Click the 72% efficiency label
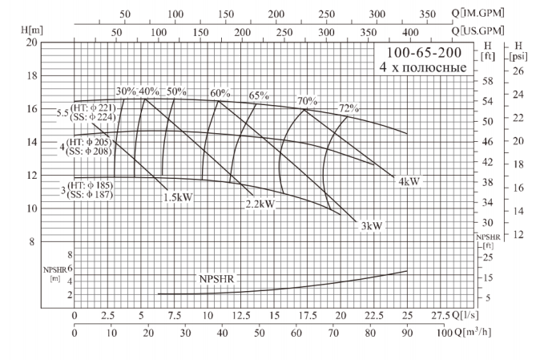[349, 108]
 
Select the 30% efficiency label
[126, 91]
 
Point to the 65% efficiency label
[259, 95]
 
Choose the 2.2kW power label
[260, 204]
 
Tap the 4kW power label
[409, 181]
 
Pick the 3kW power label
[371, 226]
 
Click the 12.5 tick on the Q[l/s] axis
[241, 314]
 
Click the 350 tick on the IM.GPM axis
[428, 14]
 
